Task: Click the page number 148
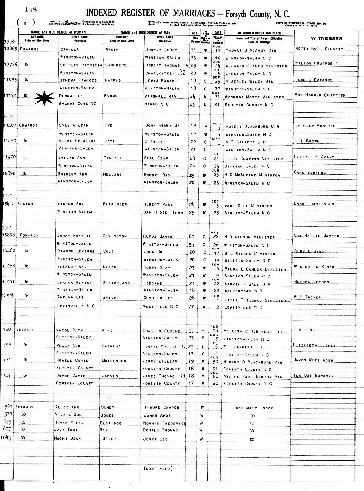[31, 10]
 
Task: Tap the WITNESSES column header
[326, 38]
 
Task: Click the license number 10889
[10, 49]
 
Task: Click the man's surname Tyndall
[113, 158]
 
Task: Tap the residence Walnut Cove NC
[78, 104]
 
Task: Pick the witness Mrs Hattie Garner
[316, 236]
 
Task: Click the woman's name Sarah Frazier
[74, 236]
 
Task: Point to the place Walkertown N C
[243, 291]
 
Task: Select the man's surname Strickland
[116, 283]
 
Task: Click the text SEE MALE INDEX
[254, 408]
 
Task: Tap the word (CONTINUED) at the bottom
[158, 469]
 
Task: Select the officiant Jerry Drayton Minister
[254, 159]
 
